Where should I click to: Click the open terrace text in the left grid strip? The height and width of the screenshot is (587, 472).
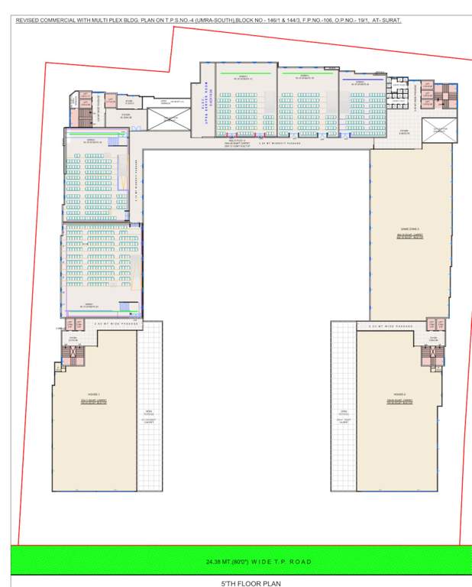point(150,417)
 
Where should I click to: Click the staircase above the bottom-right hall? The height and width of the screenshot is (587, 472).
point(432,353)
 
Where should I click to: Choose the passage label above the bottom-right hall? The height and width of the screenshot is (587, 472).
point(390,326)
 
